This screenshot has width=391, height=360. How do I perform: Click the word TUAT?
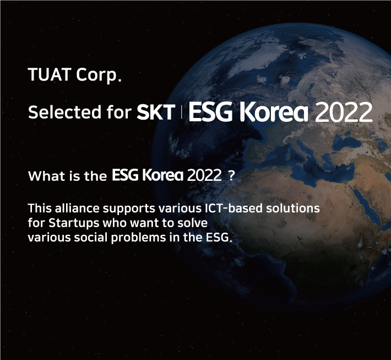point(50,74)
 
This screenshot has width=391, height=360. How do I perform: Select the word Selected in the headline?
point(65,112)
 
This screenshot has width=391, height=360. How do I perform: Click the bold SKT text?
point(156,112)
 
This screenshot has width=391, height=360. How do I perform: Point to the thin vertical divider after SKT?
point(181,112)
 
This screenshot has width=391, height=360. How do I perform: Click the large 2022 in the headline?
point(344,112)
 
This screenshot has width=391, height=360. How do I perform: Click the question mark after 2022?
point(231,176)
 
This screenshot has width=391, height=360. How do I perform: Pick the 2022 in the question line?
point(204,175)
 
